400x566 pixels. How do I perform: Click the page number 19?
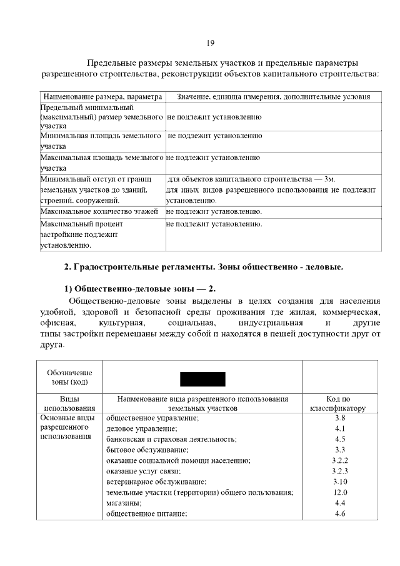point(210,43)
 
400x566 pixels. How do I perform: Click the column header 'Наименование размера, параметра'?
point(102,97)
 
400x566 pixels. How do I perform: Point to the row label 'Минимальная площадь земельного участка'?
point(101,141)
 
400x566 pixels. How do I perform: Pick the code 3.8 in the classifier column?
point(340,417)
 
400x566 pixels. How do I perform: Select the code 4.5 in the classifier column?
point(340,439)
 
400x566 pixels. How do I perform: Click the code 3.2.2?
point(340,460)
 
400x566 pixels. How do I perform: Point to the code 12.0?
point(340,492)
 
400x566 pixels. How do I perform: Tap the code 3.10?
point(340,482)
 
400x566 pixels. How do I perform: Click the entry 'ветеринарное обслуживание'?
point(156,482)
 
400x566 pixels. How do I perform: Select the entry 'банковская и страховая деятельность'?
point(171,439)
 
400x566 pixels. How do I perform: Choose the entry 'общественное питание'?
point(147,513)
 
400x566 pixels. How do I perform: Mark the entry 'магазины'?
point(124,503)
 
